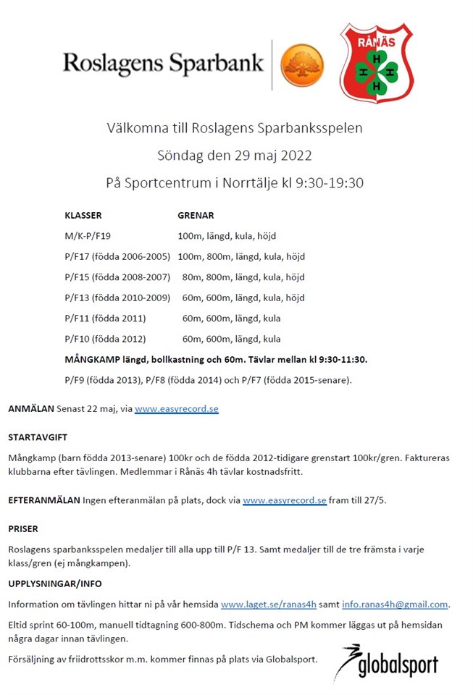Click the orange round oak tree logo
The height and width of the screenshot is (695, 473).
301,64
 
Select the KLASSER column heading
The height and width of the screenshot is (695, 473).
83,216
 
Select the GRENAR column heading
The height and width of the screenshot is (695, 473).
196,216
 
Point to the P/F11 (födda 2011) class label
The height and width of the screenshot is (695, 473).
105,318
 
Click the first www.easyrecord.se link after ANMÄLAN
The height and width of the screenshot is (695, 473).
176,409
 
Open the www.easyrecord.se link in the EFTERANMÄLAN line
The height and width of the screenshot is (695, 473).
285,500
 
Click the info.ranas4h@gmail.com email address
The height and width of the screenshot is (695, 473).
395,605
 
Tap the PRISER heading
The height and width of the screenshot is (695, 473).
23,529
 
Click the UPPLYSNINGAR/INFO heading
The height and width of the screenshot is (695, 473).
55,584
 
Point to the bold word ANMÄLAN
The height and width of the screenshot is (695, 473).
31,409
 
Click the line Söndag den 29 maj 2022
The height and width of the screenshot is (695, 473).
235,156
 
